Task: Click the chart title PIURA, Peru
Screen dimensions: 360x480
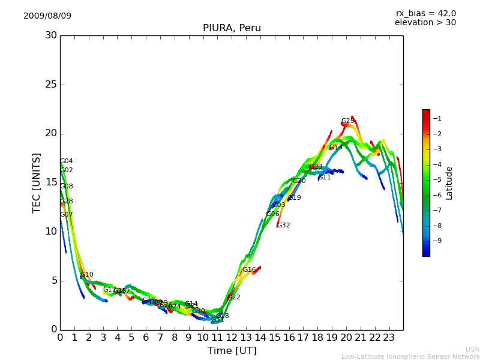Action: (232, 28)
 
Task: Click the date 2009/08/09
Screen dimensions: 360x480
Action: (47, 16)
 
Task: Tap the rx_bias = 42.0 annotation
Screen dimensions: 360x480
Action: (425, 13)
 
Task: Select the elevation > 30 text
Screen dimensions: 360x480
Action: (425, 23)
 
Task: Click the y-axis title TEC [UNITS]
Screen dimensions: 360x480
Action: (37, 182)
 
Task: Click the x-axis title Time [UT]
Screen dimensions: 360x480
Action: (232, 351)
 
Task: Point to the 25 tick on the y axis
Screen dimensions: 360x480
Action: (51, 85)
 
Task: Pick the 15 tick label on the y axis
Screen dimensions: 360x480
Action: (51, 182)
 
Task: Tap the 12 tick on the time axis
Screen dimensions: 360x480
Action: (232, 337)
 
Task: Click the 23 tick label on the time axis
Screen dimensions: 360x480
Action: (389, 337)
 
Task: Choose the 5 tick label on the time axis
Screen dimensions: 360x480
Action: (131, 337)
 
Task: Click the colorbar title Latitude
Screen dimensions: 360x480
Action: (449, 182)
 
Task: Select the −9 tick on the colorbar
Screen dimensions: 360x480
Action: (436, 241)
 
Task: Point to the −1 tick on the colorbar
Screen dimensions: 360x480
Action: (436, 119)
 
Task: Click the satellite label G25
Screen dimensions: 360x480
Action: (347, 121)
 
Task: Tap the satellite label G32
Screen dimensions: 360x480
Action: (283, 226)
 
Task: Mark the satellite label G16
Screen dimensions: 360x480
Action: (249, 270)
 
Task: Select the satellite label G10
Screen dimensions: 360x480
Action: (87, 275)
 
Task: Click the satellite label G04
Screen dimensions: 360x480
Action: (67, 161)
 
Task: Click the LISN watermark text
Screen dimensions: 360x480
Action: (472, 349)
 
